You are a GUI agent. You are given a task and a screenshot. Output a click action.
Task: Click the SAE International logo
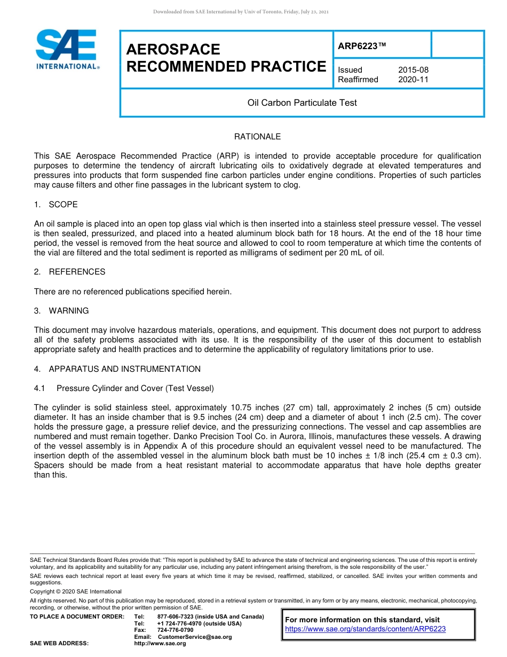tap(67, 49)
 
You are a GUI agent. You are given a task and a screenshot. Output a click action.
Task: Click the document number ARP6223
tap(361, 46)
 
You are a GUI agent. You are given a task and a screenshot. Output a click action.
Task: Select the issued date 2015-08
tap(413, 70)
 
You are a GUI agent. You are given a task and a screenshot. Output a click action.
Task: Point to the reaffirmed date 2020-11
tap(413, 80)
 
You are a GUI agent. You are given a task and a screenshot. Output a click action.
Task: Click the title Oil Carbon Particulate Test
tap(302, 103)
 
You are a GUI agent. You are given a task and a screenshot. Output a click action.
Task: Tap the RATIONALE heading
tap(257, 137)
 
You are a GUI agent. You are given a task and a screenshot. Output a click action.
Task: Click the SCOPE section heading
tap(63, 205)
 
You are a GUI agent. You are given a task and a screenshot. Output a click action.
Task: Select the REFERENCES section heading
tap(77, 272)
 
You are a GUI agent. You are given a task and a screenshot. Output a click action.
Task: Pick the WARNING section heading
tap(69, 311)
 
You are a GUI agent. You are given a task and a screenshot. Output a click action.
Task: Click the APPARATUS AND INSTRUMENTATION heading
tap(124, 369)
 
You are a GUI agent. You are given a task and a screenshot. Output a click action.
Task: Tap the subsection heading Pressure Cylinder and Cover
tap(135, 388)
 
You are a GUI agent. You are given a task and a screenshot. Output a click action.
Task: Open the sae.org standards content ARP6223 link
tap(365, 629)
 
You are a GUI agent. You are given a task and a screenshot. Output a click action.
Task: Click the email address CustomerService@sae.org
tap(195, 637)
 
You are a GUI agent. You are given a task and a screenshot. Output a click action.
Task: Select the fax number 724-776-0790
tap(175, 630)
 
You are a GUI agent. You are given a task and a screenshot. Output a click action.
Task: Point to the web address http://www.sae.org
tap(160, 644)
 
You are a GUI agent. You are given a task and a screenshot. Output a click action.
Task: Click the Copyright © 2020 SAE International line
tap(76, 592)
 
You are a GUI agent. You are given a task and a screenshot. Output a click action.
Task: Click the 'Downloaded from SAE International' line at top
tap(241, 12)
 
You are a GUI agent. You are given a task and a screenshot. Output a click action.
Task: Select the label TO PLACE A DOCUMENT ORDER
tap(77, 617)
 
